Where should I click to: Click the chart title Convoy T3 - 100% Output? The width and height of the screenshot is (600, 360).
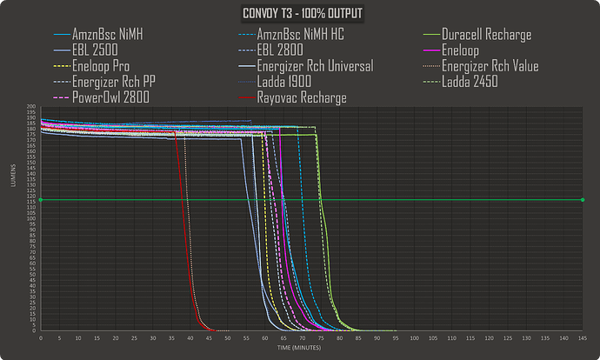[x=299, y=15]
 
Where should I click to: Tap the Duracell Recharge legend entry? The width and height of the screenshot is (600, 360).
[x=486, y=35]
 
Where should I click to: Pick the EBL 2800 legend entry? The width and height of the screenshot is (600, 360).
[x=281, y=50]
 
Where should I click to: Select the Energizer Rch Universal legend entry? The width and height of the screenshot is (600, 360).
[x=316, y=66]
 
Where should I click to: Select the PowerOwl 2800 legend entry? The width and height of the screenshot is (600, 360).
[x=110, y=97]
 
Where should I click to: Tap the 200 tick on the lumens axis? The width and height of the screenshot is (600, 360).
[x=32, y=108]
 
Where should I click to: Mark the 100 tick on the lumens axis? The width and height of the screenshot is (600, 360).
[x=32, y=219]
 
